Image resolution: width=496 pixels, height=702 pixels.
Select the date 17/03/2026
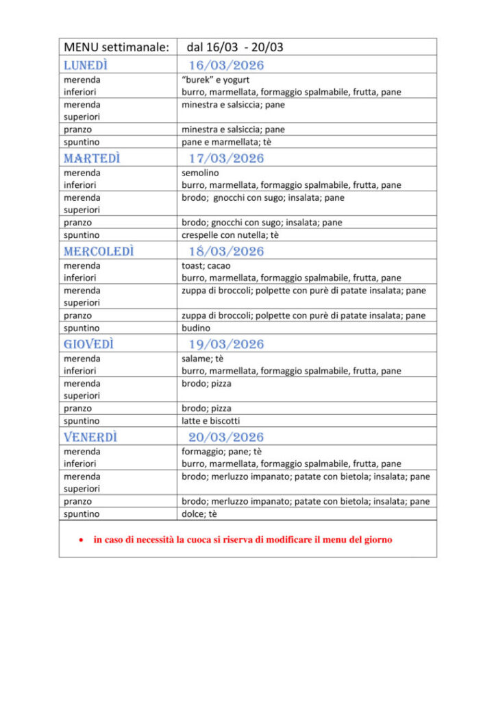pyautogui.click(x=226, y=158)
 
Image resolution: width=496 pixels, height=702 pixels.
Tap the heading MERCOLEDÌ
pyautogui.click(x=99, y=251)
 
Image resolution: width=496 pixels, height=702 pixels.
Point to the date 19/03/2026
pyautogui.click(x=226, y=344)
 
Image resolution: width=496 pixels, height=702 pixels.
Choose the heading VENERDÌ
pyautogui.click(x=90, y=437)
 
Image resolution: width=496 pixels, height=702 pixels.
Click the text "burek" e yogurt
pyautogui.click(x=216, y=80)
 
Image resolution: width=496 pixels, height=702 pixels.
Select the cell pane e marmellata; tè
pyautogui.click(x=227, y=142)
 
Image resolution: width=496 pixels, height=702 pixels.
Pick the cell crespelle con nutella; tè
pyautogui.click(x=231, y=234)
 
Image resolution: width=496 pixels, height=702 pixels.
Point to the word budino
pyautogui.click(x=196, y=328)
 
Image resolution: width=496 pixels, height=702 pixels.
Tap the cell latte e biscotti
pyautogui.click(x=210, y=420)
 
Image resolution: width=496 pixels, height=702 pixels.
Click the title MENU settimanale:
pyautogui.click(x=116, y=47)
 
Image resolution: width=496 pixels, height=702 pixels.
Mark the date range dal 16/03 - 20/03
pyautogui.click(x=235, y=47)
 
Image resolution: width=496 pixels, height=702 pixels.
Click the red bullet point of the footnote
pyautogui.click(x=81, y=540)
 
